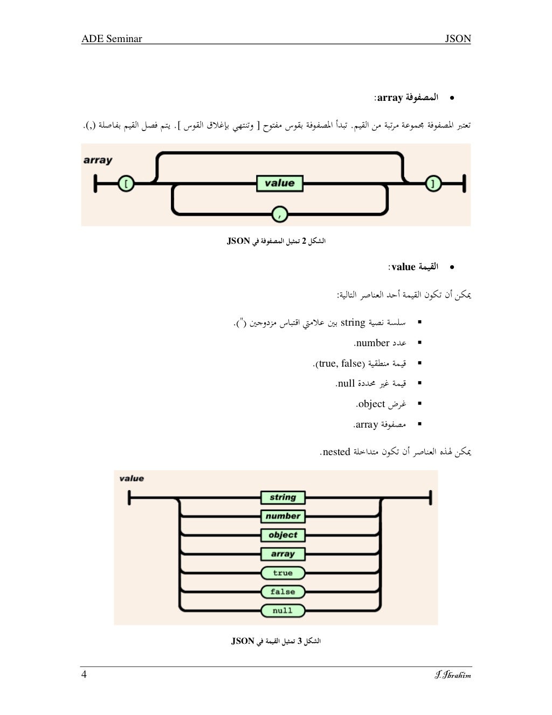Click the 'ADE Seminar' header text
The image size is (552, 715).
[x=112, y=39]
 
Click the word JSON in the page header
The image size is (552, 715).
[x=458, y=39]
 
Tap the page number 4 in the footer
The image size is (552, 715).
[x=84, y=675]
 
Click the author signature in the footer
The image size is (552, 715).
[x=453, y=675]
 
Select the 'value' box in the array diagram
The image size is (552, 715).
[x=279, y=183]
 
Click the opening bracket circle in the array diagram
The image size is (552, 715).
[x=126, y=184]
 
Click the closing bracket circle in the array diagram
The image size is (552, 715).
[x=433, y=184]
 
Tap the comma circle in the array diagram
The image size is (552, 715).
[x=279, y=215]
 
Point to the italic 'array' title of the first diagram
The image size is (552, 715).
[x=98, y=160]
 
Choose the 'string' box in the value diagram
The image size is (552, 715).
[x=282, y=497]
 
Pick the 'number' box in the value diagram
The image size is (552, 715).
[x=282, y=516]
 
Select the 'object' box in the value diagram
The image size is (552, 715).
[x=282, y=535]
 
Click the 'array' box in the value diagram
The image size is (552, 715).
[x=282, y=554]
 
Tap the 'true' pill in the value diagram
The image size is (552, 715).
[x=282, y=573]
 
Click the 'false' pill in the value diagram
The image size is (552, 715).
[x=282, y=592]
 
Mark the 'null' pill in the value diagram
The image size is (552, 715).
[x=282, y=610]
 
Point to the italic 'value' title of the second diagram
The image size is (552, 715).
[x=132, y=478]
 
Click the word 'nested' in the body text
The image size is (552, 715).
[x=336, y=452]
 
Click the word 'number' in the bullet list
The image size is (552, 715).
[x=372, y=343]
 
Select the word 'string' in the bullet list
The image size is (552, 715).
[x=353, y=322]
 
